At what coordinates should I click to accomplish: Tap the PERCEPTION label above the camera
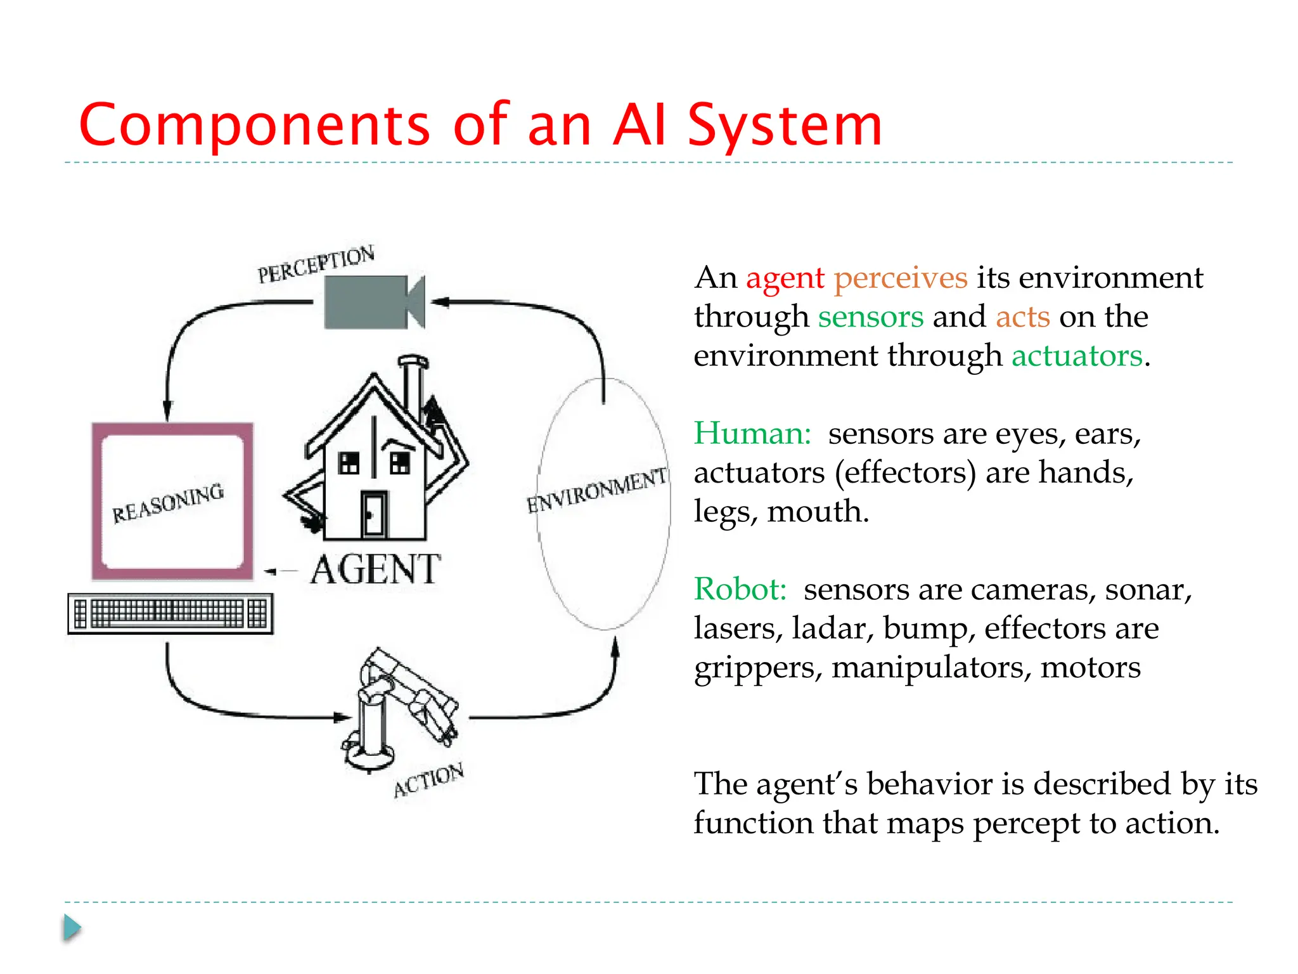316,264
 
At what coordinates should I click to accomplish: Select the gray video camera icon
373,302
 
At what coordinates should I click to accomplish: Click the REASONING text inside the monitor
168,503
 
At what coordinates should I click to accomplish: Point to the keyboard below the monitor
170,613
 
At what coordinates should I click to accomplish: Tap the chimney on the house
413,387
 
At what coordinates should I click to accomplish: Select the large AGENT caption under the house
375,569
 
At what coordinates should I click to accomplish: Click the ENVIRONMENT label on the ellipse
597,490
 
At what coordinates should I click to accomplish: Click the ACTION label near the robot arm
428,780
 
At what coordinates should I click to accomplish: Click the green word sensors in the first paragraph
870,317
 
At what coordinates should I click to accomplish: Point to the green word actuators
1077,356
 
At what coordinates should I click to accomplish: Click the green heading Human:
752,434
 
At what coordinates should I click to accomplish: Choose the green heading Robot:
740,590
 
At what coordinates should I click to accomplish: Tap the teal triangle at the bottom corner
72,928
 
